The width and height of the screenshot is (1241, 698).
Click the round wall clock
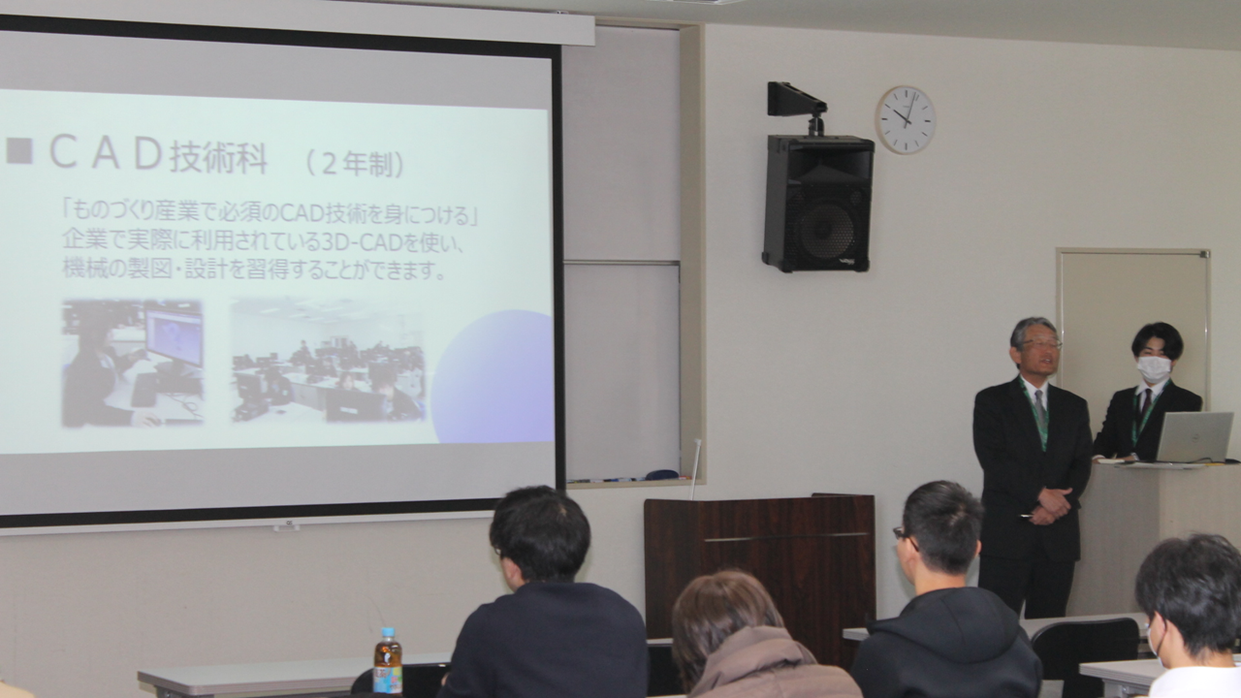click(906, 119)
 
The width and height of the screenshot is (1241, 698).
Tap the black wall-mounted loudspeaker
click(817, 204)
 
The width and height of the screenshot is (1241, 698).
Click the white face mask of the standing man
click(1154, 369)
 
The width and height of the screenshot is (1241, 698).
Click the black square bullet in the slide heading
click(19, 151)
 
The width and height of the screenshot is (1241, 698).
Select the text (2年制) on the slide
click(355, 164)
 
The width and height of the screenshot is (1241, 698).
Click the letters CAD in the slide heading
click(107, 154)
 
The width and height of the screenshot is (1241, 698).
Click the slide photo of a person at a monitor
click(132, 364)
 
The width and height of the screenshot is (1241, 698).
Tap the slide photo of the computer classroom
click(328, 360)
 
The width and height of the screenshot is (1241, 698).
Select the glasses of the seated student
click(903, 536)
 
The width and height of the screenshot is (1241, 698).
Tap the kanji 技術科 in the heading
click(219, 157)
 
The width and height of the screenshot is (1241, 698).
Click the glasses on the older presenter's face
click(1041, 344)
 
